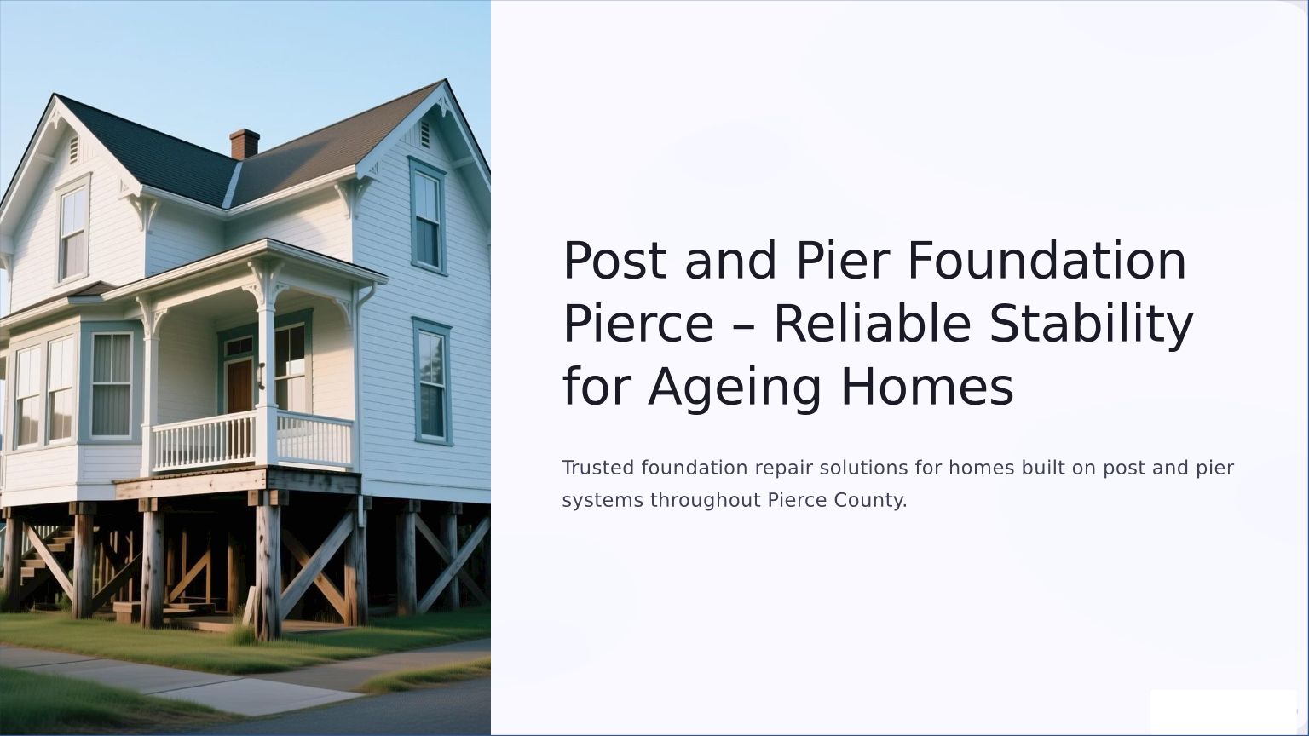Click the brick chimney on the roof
[x=245, y=144]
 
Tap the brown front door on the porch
[x=239, y=386]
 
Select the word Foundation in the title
[x=1047, y=260]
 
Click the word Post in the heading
[x=614, y=260]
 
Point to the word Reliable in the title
[x=873, y=324]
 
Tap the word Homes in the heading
[x=927, y=387]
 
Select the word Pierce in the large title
[x=638, y=324]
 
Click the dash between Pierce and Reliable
[x=744, y=326]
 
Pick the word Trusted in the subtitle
[x=597, y=468]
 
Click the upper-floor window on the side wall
[x=427, y=216]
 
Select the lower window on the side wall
[x=432, y=382]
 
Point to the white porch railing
[x=252, y=440]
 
